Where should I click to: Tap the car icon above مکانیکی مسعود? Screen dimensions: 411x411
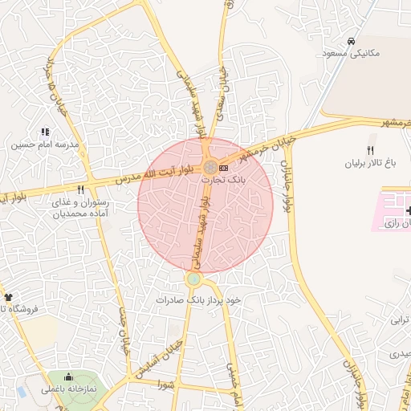click(x=351, y=41)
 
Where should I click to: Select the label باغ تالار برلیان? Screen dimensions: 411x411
click(x=370, y=163)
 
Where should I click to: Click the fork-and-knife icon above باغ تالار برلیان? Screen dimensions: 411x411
click(x=370, y=151)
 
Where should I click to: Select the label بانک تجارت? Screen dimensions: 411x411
click(x=219, y=181)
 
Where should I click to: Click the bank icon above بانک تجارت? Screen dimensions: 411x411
click(x=223, y=168)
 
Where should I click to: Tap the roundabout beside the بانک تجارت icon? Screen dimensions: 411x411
click(x=210, y=167)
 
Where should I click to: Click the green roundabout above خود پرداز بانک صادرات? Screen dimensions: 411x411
click(x=193, y=279)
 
